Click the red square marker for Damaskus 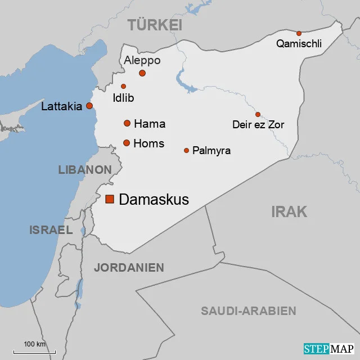(x=110, y=199)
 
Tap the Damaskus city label (x=154, y=199)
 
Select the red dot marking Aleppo (x=142, y=73)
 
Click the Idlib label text (x=123, y=98)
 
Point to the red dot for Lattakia (x=89, y=106)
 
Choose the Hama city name (x=150, y=124)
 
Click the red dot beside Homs (x=127, y=143)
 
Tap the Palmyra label (x=211, y=151)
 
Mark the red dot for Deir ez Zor (x=258, y=114)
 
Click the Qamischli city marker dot (x=299, y=33)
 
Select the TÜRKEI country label (x=155, y=25)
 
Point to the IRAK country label (x=289, y=211)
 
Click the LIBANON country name (x=85, y=169)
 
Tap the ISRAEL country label (x=51, y=229)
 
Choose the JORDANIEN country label (x=129, y=268)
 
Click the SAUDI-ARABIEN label (x=248, y=311)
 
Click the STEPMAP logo (x=329, y=349)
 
